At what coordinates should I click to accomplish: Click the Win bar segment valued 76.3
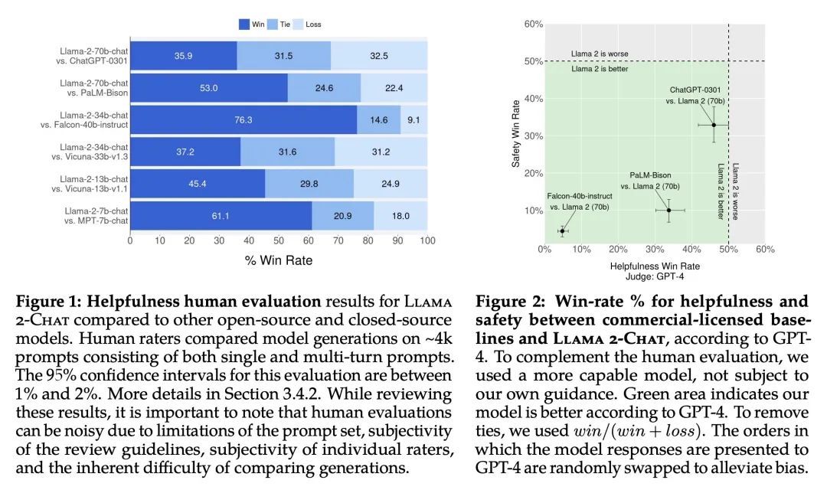coord(243,120)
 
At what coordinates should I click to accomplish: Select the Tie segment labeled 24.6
coord(324,88)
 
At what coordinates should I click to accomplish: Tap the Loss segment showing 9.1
coord(413,120)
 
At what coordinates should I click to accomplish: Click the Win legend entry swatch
coord(244,24)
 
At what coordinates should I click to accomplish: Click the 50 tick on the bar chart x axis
coord(279,240)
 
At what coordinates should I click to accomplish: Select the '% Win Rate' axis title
coord(278,260)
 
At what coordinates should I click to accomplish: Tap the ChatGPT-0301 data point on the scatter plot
coord(714,125)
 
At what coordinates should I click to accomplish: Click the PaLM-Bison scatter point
coord(669,210)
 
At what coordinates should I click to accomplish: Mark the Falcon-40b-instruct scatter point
coord(562,230)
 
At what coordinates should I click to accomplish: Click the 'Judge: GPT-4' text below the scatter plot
coord(655,278)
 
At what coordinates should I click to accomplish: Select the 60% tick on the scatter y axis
coord(534,24)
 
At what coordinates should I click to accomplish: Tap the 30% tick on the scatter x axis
coord(655,250)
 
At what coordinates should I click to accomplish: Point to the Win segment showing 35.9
coord(183,56)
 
